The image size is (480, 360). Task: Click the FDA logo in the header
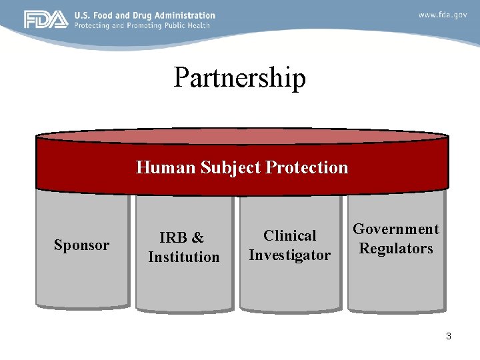(x=46, y=19)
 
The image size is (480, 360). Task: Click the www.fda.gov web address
(x=443, y=15)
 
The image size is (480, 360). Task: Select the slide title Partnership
(x=239, y=78)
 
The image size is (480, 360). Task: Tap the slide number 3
(x=449, y=336)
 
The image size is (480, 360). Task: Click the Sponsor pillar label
(x=81, y=245)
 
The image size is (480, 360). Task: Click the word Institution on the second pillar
(x=183, y=257)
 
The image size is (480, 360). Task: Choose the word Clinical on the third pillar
(x=290, y=236)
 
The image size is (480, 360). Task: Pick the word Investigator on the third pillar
(x=289, y=255)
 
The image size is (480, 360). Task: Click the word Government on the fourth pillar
(x=396, y=229)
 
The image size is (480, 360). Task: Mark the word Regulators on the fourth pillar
(x=396, y=249)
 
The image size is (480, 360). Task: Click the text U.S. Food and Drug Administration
(x=145, y=15)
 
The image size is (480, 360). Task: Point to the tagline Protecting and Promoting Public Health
(x=142, y=25)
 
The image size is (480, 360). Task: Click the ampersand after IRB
(x=199, y=238)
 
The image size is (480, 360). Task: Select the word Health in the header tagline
(x=198, y=25)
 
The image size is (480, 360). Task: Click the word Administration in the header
(x=186, y=15)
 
